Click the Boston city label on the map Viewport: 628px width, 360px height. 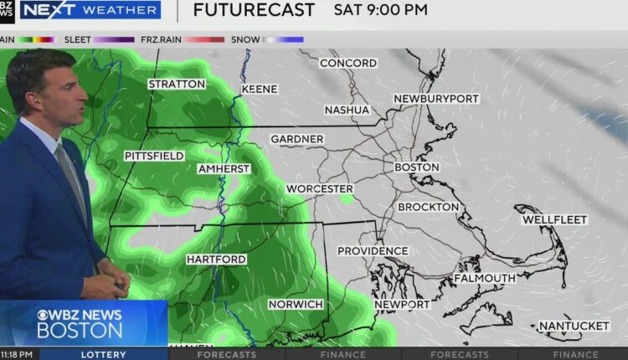[417, 167]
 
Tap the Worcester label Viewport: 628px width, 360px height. [319, 189]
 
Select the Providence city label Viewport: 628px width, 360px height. [373, 251]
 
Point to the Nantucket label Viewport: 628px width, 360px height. [574, 326]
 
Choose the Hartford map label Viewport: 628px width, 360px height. [216, 260]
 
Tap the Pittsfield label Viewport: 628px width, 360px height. [154, 157]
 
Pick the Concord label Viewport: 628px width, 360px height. [347, 64]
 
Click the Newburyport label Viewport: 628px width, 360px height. [436, 99]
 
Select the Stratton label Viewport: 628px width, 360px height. [177, 85]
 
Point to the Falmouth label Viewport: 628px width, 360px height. [485, 278]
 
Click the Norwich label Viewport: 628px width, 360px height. [296, 304]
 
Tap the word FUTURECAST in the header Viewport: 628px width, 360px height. [254, 11]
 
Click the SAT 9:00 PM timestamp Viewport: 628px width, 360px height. [380, 11]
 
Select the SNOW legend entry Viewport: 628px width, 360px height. [245, 39]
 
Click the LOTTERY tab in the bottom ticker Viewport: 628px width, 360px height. [104, 354]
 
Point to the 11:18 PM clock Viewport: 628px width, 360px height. [17, 354]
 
